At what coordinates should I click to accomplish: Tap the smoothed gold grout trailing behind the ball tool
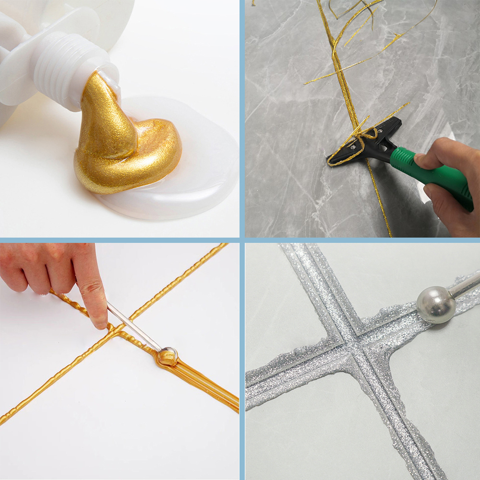click(206, 384)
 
